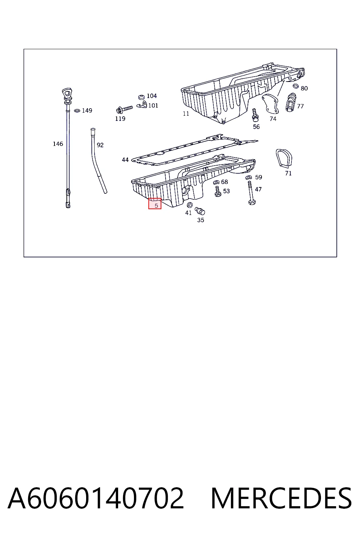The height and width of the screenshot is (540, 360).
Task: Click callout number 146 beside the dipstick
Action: pos(58,144)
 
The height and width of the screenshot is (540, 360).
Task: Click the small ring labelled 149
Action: pos(77,111)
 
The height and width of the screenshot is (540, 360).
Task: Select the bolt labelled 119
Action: pos(124,109)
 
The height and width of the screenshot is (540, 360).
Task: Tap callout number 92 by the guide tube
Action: pos(100,145)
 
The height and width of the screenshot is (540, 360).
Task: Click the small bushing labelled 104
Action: pos(142,97)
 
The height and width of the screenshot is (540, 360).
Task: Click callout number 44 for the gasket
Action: pos(125,160)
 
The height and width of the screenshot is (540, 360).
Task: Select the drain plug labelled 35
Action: pos(200,211)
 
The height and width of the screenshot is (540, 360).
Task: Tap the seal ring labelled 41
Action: pos(190,205)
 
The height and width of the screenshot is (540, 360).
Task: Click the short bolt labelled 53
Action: pos(218,191)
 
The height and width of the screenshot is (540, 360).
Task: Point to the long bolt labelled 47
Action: pos(251,193)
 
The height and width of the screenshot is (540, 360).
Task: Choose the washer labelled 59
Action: pos(249,178)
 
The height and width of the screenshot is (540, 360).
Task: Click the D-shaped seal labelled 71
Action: pos(284,159)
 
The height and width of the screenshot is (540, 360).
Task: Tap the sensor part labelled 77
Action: pos(291,102)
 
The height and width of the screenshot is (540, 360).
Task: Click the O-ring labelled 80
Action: pos(296,86)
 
